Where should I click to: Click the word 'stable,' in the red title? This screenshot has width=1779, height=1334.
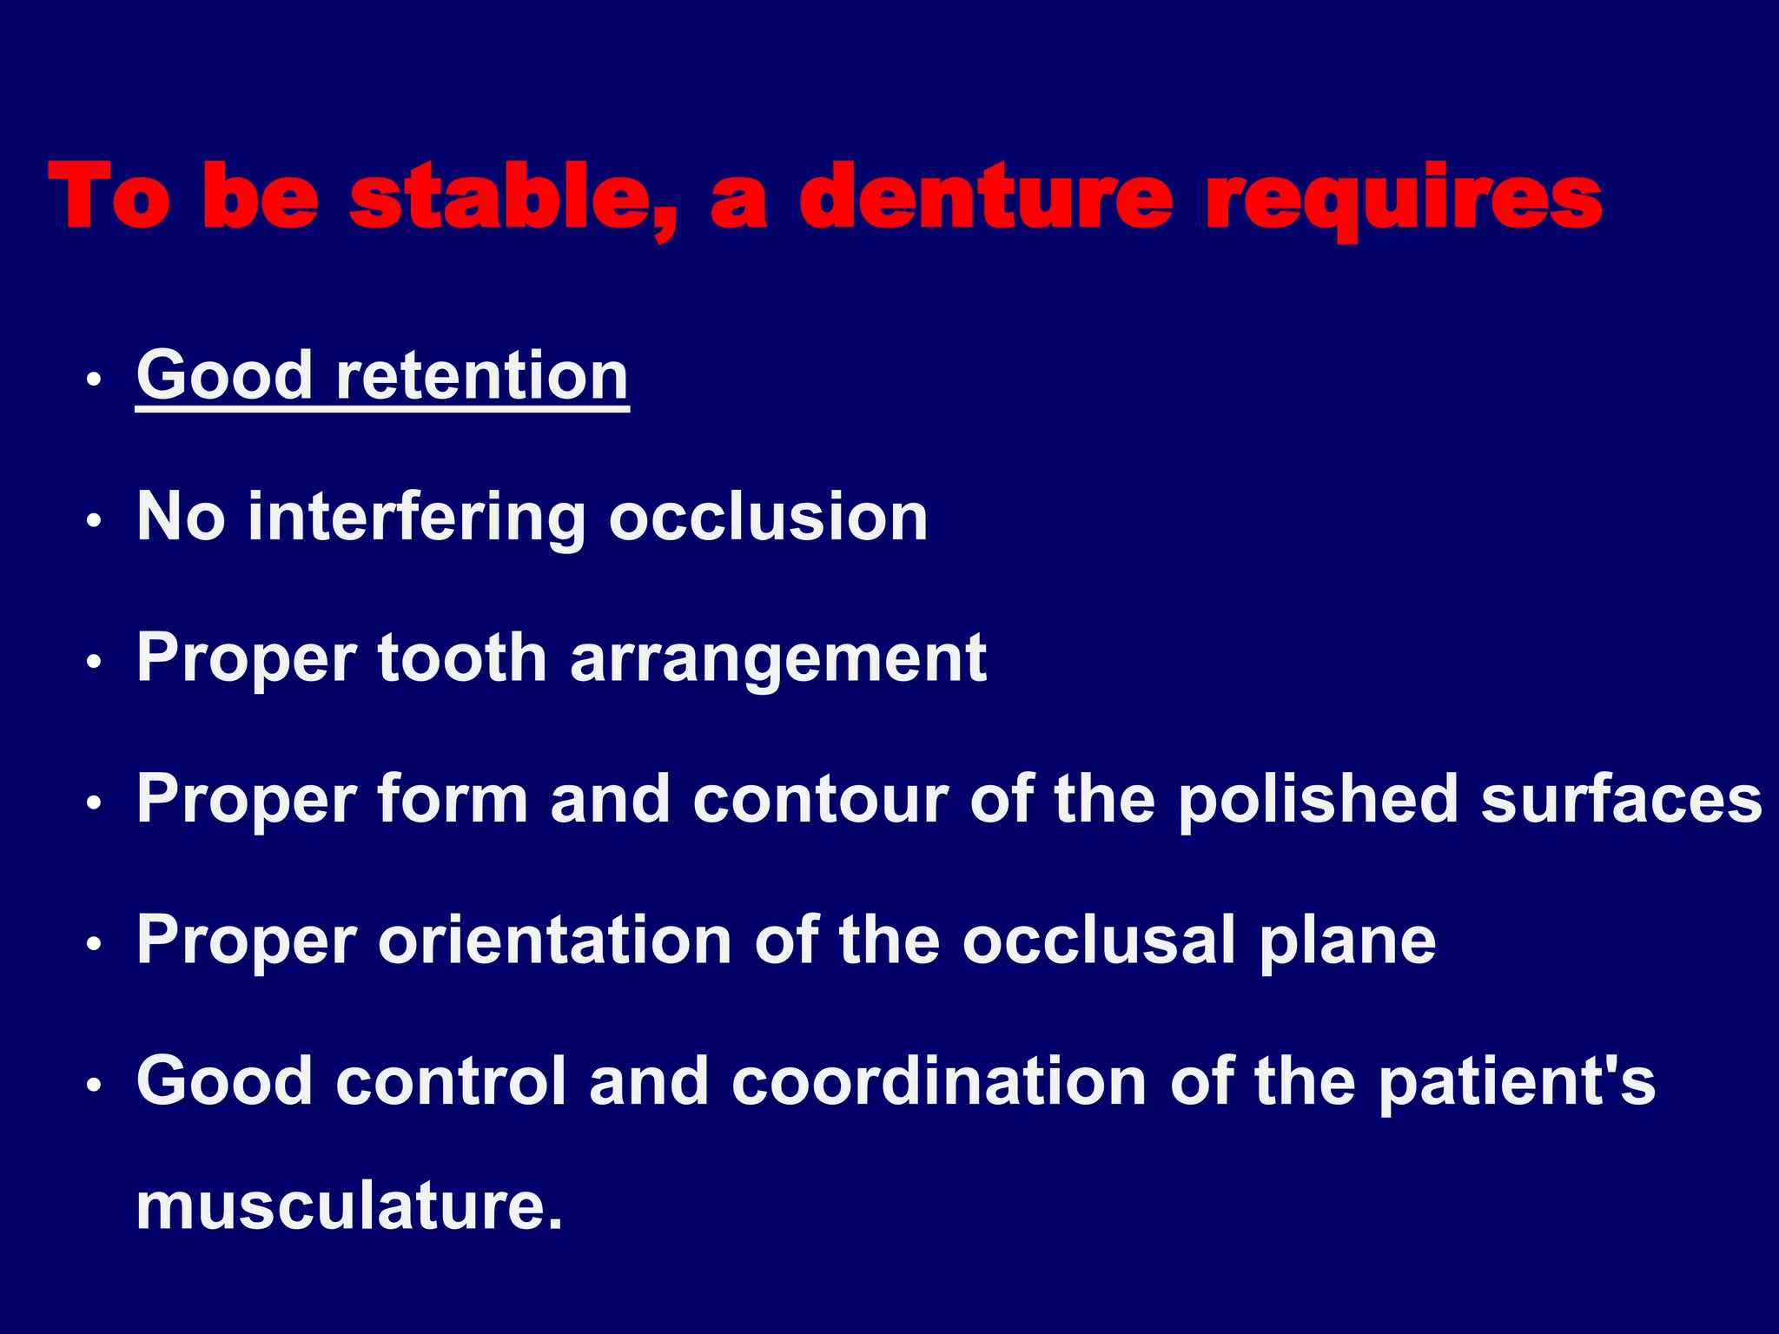513,198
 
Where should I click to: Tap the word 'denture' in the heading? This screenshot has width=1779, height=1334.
985,198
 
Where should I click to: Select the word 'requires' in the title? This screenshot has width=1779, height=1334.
1404,200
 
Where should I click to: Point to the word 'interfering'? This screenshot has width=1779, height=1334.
416,518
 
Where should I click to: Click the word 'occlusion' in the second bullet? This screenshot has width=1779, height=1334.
768,518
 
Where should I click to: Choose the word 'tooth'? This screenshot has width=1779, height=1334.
462,658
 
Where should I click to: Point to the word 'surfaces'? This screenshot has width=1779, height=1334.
1621,799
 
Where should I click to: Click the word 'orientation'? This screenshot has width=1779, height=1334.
554,941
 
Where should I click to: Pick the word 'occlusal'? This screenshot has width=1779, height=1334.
1099,941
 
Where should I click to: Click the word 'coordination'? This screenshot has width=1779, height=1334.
939,1082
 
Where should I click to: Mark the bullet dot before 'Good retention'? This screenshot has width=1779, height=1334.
95,380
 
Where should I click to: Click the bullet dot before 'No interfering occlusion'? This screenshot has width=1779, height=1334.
95,521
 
